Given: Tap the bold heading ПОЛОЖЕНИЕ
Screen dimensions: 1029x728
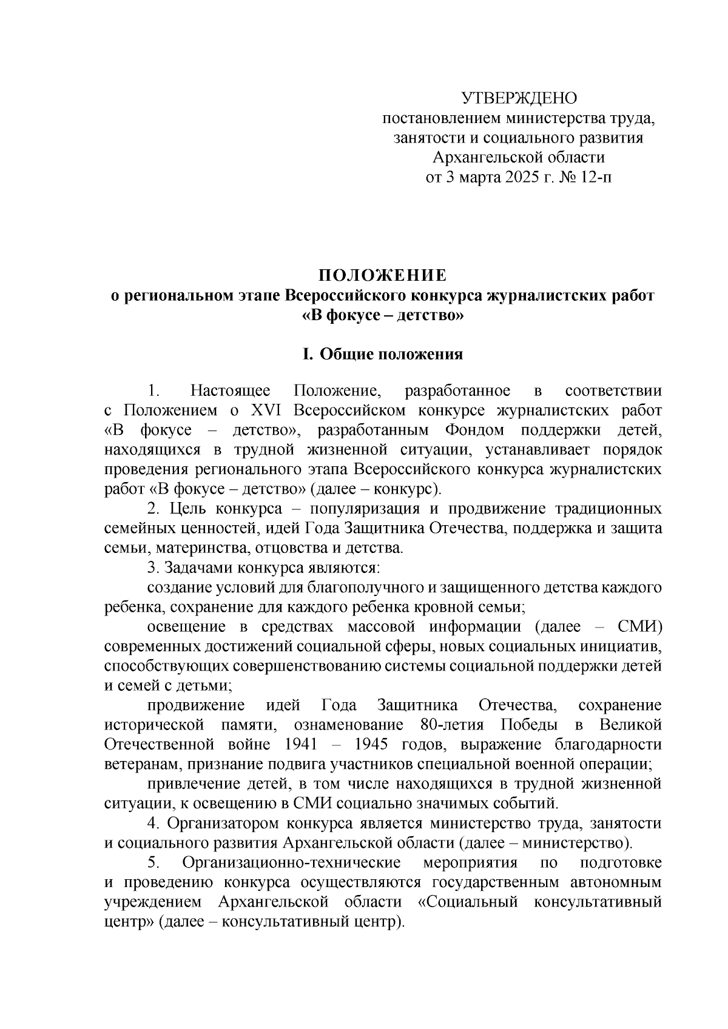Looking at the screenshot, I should tap(383, 276).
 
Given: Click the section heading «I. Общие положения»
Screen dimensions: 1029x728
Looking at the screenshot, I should tap(383, 354).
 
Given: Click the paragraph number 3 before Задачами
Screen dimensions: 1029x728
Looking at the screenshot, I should tap(152, 569).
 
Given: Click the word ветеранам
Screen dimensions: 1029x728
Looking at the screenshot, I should tap(136, 764).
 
